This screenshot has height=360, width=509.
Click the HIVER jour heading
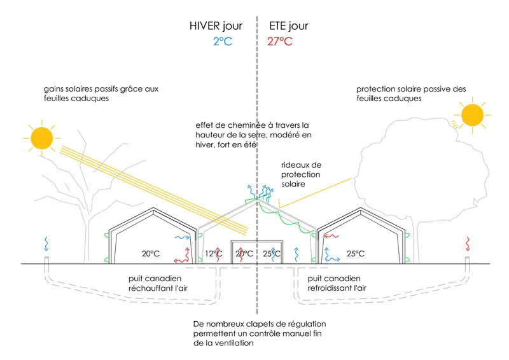216,26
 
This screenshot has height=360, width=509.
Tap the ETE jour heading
289,26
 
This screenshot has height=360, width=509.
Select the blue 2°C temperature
223,41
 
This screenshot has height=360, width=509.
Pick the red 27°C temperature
280,41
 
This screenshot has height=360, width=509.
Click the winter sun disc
42,138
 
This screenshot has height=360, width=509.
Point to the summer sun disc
472,115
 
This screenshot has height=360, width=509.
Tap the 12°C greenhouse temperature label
214,254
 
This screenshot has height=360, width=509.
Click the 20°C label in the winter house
151,254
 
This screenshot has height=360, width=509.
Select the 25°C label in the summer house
356,254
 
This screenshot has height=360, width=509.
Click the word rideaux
301,165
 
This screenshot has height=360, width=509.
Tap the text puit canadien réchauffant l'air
158,283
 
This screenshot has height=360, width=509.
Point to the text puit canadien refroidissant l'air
337,283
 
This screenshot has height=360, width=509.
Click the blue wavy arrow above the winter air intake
46,244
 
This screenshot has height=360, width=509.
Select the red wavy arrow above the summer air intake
468,244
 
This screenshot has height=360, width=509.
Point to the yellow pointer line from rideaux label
315,193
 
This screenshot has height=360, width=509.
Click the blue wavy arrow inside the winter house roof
183,238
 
